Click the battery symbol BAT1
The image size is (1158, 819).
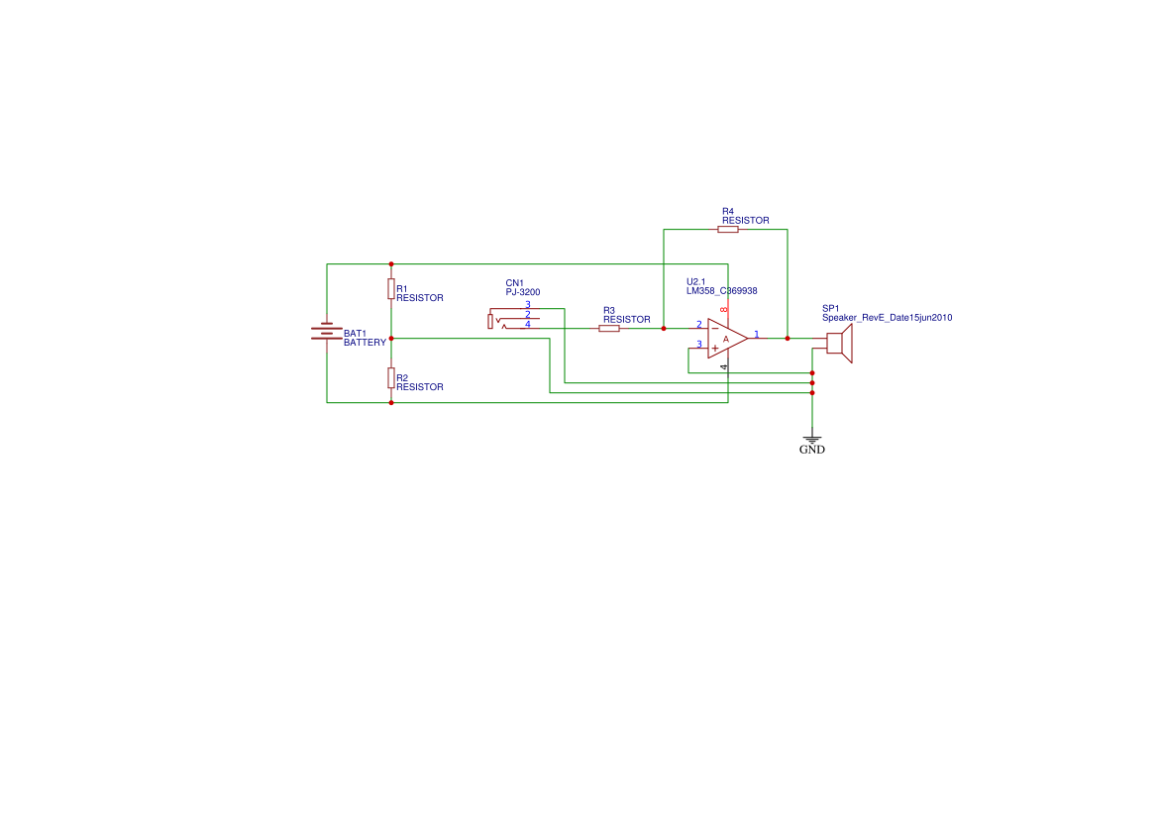[327, 333]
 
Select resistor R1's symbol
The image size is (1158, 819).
[391, 289]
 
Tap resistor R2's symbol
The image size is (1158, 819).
[391, 377]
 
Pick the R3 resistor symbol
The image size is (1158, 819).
[609, 328]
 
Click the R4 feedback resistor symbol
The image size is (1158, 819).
[728, 229]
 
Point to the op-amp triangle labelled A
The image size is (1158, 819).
[726, 339]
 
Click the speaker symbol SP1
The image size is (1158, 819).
[839, 344]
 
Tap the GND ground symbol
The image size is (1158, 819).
[812, 439]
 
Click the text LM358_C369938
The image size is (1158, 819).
[721, 291]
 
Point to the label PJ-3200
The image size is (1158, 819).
[523, 292]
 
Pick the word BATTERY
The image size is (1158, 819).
[365, 343]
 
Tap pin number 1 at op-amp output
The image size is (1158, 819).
[757, 335]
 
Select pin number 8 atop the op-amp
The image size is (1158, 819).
[724, 310]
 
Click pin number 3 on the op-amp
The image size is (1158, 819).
[699, 344]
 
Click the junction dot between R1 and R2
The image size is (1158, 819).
[391, 338]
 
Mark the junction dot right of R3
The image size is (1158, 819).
[664, 328]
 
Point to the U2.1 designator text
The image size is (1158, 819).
[695, 281]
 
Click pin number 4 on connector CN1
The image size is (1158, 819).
[528, 324]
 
